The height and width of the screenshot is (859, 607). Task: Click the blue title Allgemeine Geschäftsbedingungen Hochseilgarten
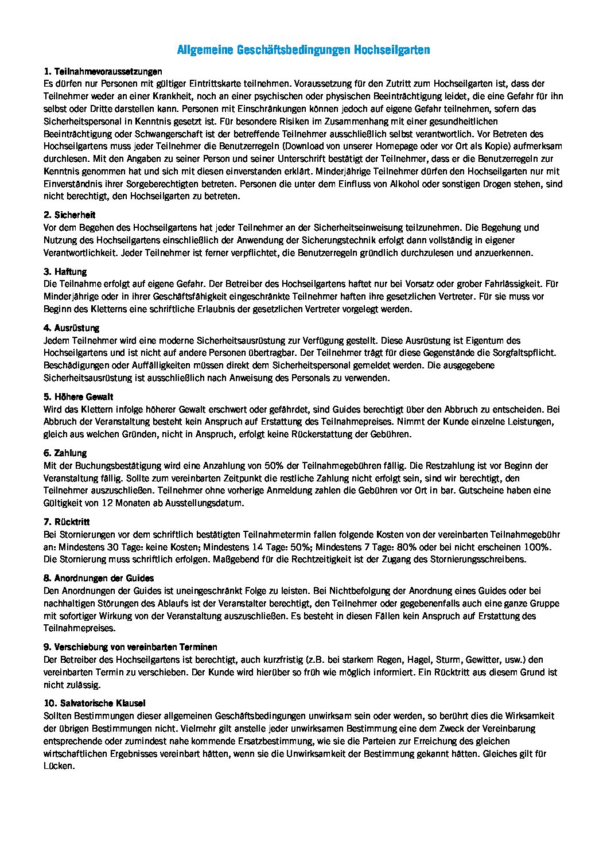tap(303, 50)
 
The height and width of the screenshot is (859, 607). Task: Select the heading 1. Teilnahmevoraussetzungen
tap(103, 72)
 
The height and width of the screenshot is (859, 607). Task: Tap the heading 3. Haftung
tap(65, 271)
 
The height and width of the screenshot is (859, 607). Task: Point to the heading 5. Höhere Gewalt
tap(78, 397)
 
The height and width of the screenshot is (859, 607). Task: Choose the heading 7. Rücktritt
tap(67, 522)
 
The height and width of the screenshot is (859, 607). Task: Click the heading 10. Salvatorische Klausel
tap(95, 703)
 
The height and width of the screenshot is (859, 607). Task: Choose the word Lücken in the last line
tap(58, 766)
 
